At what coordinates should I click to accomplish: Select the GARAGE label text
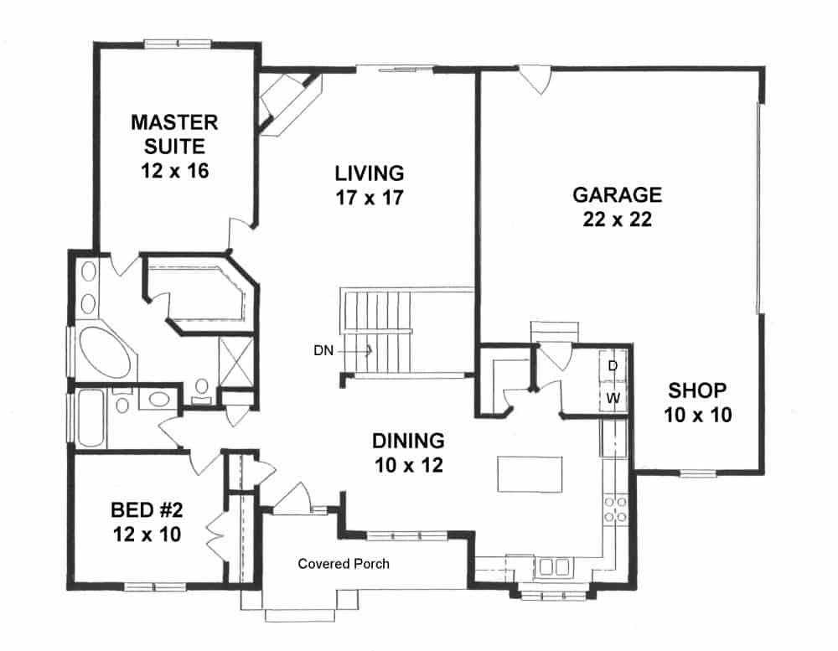coord(617,195)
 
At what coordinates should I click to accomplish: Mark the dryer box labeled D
coord(613,365)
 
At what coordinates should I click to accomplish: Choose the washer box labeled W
coord(613,397)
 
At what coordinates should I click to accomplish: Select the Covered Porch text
coord(344,564)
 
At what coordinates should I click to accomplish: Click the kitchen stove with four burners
coord(616,509)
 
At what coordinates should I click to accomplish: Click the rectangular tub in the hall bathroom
coord(91,416)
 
